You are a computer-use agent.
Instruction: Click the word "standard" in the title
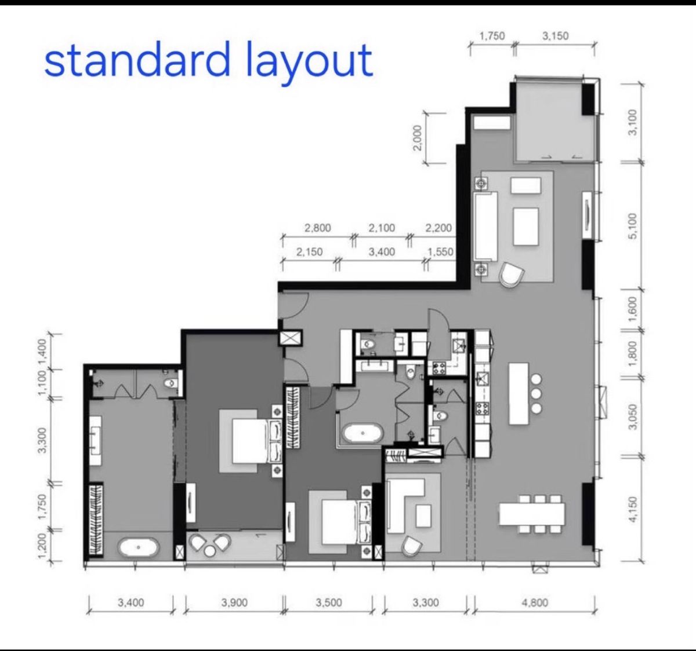[137, 59]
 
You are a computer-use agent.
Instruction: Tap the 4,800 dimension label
[535, 602]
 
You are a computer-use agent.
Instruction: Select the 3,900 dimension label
[234, 602]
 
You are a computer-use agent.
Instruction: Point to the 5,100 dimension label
[633, 226]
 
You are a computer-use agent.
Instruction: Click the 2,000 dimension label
[418, 137]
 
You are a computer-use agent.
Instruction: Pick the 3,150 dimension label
[556, 36]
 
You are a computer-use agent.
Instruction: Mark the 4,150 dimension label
[633, 510]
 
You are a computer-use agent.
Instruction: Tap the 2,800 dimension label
[317, 228]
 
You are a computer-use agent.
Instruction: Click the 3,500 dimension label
[329, 602]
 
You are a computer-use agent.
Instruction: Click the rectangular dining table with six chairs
[532, 514]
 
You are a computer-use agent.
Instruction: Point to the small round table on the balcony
[210, 551]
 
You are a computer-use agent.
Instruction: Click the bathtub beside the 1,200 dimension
[139, 547]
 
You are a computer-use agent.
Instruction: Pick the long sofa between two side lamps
[485, 226]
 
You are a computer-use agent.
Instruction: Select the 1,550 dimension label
[440, 251]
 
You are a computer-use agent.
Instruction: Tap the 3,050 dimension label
[633, 417]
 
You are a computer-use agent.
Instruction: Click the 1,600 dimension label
[633, 309]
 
